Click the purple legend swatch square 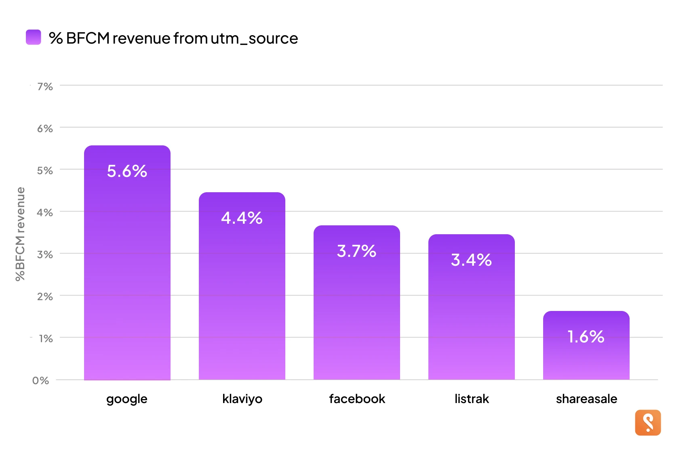point(34,37)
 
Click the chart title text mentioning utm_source point(173,38)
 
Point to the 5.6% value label point(127,171)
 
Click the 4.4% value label point(242,218)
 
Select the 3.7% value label point(356,251)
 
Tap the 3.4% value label point(471,260)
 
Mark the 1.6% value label point(586,337)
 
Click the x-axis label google point(127,399)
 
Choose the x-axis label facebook point(357,399)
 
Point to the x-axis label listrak point(472,399)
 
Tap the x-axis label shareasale point(586,399)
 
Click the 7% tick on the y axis point(45,86)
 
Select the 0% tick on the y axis point(40,380)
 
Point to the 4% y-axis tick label point(45,212)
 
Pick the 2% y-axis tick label point(45,296)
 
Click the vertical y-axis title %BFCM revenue point(20,234)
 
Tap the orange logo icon point(648,423)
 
